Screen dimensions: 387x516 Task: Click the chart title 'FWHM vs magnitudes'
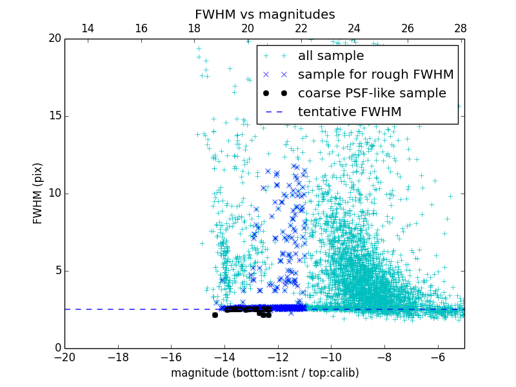pos(264,14)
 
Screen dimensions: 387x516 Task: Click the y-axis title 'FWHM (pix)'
pos(38,193)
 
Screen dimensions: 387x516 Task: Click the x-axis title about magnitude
pos(264,373)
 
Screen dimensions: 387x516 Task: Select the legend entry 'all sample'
pos(331,56)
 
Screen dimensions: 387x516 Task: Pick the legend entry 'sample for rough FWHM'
pos(375,75)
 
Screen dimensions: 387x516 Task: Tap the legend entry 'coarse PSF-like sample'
pos(372,94)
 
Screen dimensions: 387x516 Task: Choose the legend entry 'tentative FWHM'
pos(350,112)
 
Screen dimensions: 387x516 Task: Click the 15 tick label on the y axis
pos(54,116)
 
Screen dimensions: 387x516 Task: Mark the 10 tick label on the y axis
pos(54,193)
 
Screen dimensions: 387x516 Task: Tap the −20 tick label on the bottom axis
pos(64,357)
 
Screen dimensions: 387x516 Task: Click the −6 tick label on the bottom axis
pos(438,357)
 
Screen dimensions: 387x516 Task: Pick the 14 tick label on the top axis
pos(88,28)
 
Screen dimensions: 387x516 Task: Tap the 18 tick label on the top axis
pos(194,28)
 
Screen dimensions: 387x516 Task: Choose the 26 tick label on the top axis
pos(408,28)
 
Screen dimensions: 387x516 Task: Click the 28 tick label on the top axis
pos(461,28)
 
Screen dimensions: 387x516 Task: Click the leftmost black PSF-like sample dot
pos(215,315)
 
